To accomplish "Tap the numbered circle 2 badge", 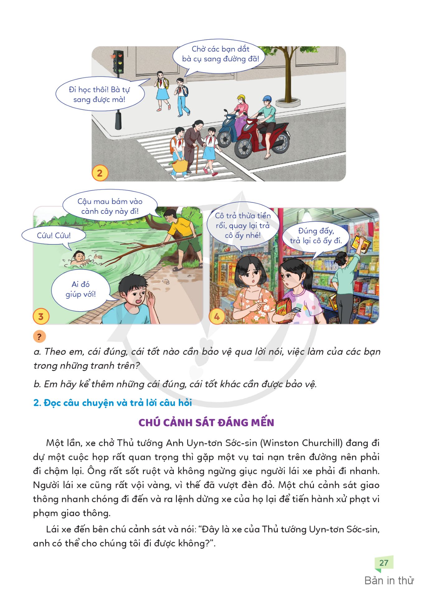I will (100, 173).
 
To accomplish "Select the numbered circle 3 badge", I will (41, 316).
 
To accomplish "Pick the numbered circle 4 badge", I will (217, 316).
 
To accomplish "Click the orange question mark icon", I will (39, 337).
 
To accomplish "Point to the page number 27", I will (384, 563).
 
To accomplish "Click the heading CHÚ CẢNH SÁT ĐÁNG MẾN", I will (206, 422).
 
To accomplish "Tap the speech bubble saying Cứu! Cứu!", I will (54, 235).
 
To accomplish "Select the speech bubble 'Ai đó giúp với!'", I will (81, 289).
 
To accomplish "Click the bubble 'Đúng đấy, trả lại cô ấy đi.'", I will (316, 236).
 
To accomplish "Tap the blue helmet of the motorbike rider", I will (267, 99).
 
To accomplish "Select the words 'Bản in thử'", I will (389, 581).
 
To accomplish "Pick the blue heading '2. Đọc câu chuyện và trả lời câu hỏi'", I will (112, 403).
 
